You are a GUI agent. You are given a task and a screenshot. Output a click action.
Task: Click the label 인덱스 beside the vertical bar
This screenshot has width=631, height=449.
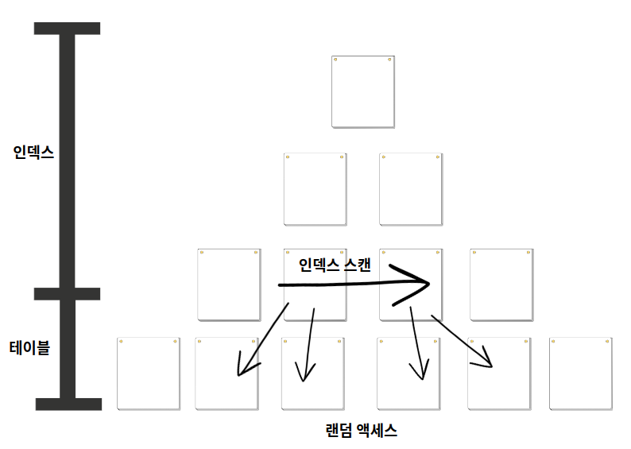coord(33,153)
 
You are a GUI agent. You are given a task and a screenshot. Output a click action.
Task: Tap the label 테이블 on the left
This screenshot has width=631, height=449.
coord(29,347)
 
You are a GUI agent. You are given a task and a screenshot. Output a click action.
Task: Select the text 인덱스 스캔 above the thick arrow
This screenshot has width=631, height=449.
coord(335,265)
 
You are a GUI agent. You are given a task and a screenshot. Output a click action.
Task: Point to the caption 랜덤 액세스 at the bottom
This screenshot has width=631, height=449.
coord(362,432)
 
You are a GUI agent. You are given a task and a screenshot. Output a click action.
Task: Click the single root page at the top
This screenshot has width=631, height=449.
coord(362,91)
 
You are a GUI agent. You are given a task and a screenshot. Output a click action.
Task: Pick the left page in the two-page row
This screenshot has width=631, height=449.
coord(315,189)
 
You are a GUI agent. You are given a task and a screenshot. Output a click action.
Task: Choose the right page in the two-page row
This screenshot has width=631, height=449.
coord(410,189)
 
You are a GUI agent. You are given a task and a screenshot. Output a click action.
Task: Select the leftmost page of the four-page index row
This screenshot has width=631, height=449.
coord(229,284)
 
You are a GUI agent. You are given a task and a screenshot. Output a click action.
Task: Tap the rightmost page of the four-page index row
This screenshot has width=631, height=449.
coord(501,284)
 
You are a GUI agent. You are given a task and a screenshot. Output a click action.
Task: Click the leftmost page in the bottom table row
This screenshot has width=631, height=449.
coord(149,374)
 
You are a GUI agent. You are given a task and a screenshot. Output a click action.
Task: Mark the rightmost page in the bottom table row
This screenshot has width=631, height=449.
coord(580,374)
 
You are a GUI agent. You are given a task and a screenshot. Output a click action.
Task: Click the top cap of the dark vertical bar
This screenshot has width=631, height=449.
coord(68,29)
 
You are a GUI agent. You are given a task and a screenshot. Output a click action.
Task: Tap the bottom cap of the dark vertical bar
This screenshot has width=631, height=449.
coord(68,404)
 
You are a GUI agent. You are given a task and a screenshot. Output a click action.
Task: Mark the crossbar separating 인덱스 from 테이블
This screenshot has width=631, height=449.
coord(68,294)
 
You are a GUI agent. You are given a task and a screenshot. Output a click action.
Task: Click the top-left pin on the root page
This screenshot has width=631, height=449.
coord(335,60)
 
